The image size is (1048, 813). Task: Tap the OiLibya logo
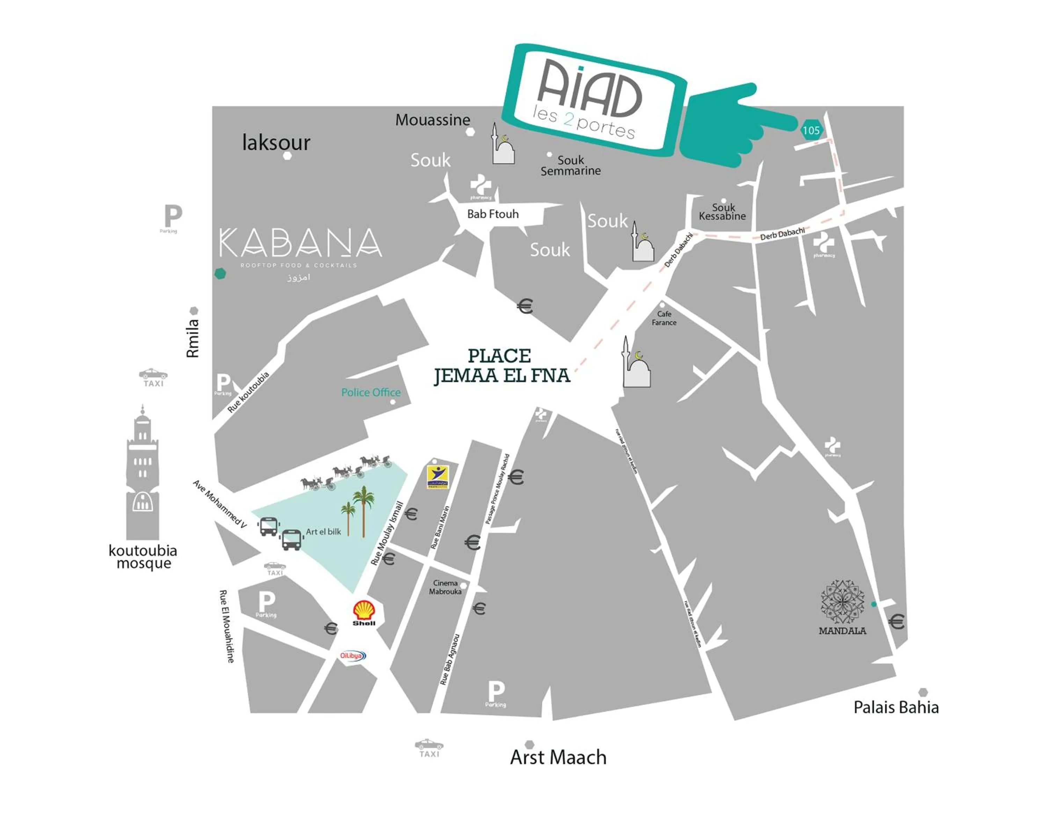tap(353, 656)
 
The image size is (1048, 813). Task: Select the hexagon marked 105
tap(811, 130)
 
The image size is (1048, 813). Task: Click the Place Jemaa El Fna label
tap(501, 366)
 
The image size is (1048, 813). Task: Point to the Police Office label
tap(371, 392)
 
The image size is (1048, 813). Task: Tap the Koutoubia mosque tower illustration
tap(143, 473)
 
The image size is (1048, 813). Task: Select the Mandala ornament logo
tap(842, 602)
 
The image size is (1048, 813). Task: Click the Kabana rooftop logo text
tap(300, 243)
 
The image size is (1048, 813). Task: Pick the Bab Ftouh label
tap(493, 214)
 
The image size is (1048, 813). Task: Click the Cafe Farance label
tap(664, 318)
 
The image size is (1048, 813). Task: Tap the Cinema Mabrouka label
tap(445, 587)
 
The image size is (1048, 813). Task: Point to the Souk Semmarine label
tap(570, 166)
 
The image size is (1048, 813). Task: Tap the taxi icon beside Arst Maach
tap(429, 746)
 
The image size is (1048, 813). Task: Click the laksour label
tap(276, 142)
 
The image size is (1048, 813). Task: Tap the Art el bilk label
tap(323, 532)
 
